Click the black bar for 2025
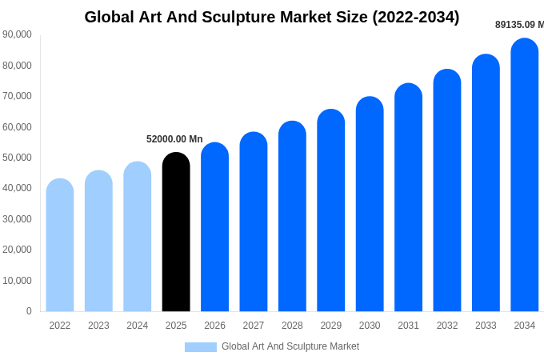coord(176,232)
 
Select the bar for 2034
coord(524,176)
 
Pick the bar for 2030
coord(370,204)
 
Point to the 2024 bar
coord(138,237)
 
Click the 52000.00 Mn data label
coord(174,139)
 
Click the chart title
coord(272,17)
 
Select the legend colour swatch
coord(201,347)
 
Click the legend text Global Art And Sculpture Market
coord(290,346)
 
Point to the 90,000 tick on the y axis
coord(18,34)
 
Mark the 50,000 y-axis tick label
coord(18,158)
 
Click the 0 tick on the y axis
coord(29,311)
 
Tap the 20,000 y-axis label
coord(18,250)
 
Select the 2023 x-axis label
coord(98,326)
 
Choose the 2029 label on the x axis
coord(331,326)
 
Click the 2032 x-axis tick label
coord(447,326)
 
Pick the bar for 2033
coord(486,183)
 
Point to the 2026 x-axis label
coord(214,326)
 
